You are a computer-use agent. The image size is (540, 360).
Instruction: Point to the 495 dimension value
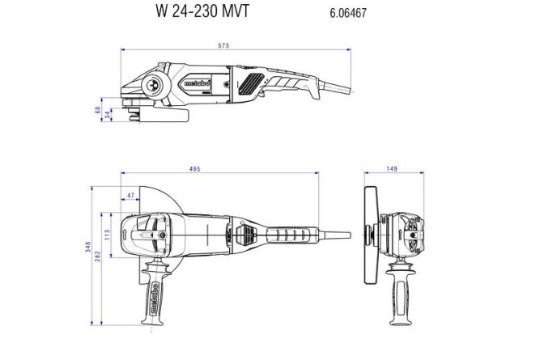[x=194, y=169]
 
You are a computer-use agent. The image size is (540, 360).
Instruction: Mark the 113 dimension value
[x=108, y=235]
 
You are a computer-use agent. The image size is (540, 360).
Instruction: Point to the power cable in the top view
[x=336, y=235]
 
